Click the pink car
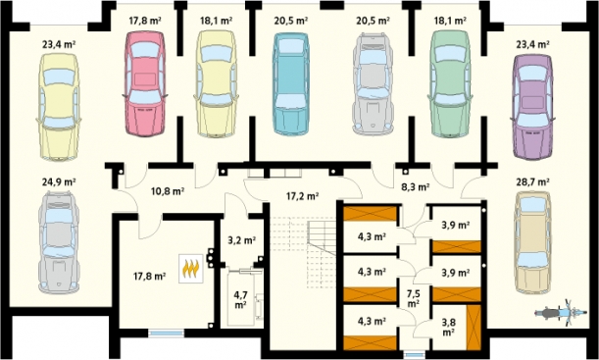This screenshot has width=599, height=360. coord(145,83)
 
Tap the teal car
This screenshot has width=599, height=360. coord(291,83)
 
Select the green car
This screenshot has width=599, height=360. coord(450,83)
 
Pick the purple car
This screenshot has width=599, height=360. coord(532,107)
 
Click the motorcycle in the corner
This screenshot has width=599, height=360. coord(561,313)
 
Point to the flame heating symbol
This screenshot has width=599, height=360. coord(191,269)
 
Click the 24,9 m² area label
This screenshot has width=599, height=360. coord(59,181)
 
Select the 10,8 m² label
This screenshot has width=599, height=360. coord(168,191)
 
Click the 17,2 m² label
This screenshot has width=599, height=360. coord(303,196)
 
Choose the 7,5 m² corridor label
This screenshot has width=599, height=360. coord(413,298)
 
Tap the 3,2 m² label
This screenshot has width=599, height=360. coord(241,240)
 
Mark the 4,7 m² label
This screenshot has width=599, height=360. coord(240,299)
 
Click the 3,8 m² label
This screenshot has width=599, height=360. coord(448,327)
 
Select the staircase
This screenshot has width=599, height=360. coord(304,252)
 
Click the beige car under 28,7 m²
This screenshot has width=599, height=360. coord(533,242)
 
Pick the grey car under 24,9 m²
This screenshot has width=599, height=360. coord(59,242)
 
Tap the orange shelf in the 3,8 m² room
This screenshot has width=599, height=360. coord(474,328)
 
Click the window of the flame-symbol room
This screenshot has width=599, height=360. coord(166,334)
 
